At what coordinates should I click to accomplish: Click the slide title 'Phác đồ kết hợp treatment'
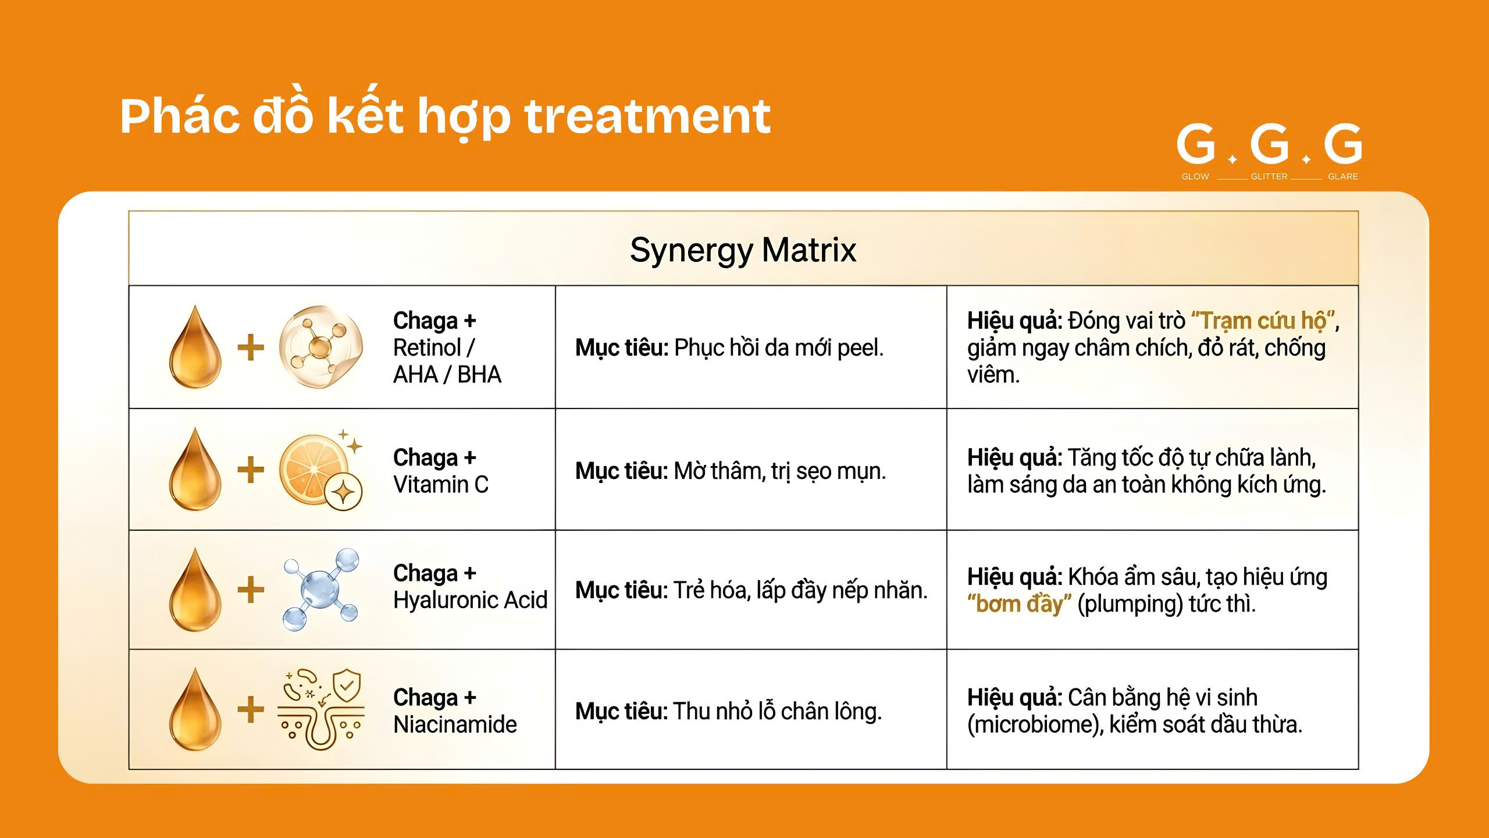pyautogui.click(x=445, y=117)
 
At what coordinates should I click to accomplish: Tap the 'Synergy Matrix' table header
pyautogui.click(x=743, y=250)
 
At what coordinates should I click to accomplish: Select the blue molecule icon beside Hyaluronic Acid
pyautogui.click(x=320, y=590)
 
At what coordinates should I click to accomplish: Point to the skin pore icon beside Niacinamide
pyautogui.click(x=320, y=709)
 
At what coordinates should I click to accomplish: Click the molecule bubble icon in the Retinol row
pyautogui.click(x=320, y=347)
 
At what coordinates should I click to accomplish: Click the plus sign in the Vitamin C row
pyautogui.click(x=251, y=470)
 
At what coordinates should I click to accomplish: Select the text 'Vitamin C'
pyautogui.click(x=441, y=484)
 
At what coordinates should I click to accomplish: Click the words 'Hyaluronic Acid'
pyautogui.click(x=471, y=599)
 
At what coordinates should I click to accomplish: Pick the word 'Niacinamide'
pyautogui.click(x=455, y=724)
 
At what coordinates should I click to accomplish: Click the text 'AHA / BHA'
pyautogui.click(x=447, y=374)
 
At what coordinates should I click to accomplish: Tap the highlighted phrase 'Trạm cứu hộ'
pyautogui.click(x=1263, y=321)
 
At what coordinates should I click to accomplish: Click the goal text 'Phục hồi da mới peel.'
pyautogui.click(x=779, y=348)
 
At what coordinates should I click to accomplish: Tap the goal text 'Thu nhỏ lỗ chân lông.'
pyautogui.click(x=778, y=712)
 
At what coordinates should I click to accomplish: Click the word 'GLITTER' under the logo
pyautogui.click(x=1269, y=176)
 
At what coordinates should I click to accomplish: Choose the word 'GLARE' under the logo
pyautogui.click(x=1342, y=176)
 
